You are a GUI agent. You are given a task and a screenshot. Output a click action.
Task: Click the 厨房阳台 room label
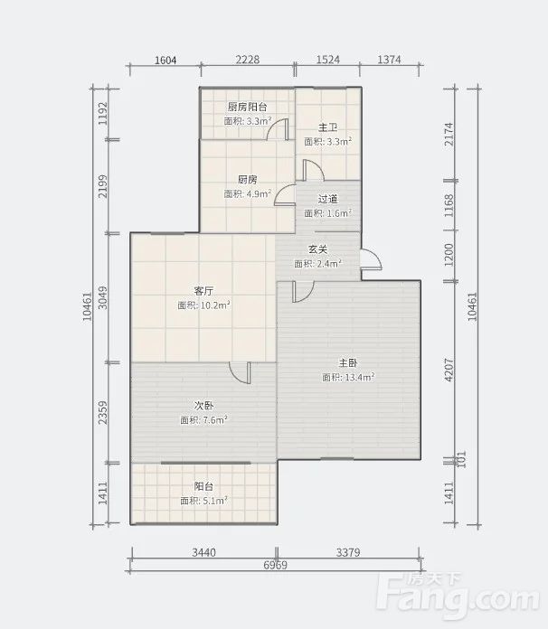(247, 108)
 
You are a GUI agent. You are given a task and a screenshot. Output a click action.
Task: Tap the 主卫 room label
(327, 128)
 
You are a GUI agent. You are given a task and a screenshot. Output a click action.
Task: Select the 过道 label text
(327, 199)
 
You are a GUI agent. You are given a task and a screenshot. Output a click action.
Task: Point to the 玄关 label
(318, 249)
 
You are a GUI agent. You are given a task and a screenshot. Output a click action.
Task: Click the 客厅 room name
(203, 291)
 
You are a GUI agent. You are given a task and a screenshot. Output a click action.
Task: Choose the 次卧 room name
(203, 406)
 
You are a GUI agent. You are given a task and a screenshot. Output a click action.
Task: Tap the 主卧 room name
(348, 363)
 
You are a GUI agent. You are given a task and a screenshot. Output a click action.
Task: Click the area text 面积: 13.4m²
(348, 377)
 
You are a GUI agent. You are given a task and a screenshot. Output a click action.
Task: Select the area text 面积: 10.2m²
(204, 305)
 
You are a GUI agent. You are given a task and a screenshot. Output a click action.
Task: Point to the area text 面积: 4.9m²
(247, 193)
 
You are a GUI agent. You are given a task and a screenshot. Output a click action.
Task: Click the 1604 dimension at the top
(165, 61)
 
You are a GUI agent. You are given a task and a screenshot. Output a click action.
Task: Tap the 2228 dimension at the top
(247, 60)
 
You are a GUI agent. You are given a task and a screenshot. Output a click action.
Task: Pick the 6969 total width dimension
(276, 565)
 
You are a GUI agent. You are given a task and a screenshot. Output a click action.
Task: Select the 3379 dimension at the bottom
(348, 552)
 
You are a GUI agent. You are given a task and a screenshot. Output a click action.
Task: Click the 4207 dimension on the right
(449, 370)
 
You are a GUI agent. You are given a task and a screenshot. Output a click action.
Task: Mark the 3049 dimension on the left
(103, 297)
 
